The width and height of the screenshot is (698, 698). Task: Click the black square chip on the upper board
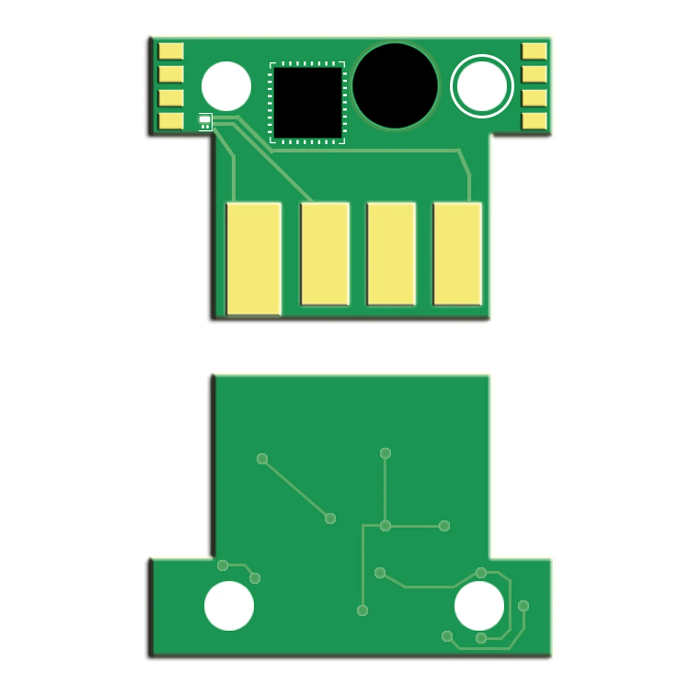pyautogui.click(x=307, y=102)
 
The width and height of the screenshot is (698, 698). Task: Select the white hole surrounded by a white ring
pyautogui.click(x=482, y=86)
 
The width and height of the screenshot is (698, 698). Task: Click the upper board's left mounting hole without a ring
pyautogui.click(x=226, y=86)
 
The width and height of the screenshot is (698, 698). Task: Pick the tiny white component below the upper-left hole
pyautogui.click(x=205, y=122)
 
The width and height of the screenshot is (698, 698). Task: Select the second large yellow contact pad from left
pyautogui.click(x=325, y=254)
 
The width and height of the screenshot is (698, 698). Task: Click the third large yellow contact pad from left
pyautogui.click(x=391, y=254)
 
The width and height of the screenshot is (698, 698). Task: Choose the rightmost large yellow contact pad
pyautogui.click(x=458, y=254)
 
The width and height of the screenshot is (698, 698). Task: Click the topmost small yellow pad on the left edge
pyautogui.click(x=171, y=51)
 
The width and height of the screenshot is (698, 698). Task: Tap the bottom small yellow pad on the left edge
pyautogui.click(x=171, y=120)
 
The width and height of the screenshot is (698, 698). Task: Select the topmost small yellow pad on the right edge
pyautogui.click(x=534, y=51)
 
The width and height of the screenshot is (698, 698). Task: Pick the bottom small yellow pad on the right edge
pyautogui.click(x=534, y=120)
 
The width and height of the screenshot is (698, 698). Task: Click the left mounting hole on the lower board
pyautogui.click(x=229, y=606)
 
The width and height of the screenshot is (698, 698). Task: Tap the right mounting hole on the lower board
pyautogui.click(x=479, y=606)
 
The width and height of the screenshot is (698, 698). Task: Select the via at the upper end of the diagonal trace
pyautogui.click(x=262, y=458)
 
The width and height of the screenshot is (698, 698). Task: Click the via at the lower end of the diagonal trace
pyautogui.click(x=330, y=518)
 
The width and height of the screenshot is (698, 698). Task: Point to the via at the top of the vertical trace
pyautogui.click(x=385, y=453)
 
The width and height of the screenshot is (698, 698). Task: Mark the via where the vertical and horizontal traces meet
pyautogui.click(x=385, y=526)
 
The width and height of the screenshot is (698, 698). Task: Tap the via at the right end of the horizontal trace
pyautogui.click(x=444, y=526)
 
